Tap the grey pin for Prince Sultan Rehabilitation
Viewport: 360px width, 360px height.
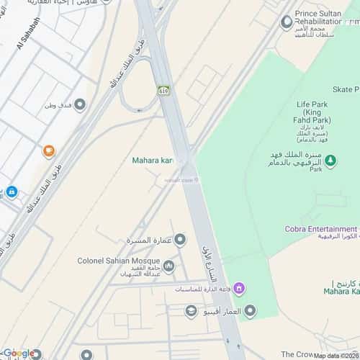click(x=287, y=22)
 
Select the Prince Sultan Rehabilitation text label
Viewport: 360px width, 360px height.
click(x=327, y=21)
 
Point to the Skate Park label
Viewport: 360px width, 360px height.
click(x=345, y=89)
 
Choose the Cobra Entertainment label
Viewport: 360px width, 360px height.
click(x=317, y=229)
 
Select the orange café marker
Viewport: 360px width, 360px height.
click(x=48, y=150)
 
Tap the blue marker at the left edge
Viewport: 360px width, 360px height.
click(x=11, y=192)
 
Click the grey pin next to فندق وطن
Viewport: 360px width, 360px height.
click(x=80, y=105)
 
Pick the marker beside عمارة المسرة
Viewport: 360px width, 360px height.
click(x=180, y=239)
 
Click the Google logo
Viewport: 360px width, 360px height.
click(x=19, y=353)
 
